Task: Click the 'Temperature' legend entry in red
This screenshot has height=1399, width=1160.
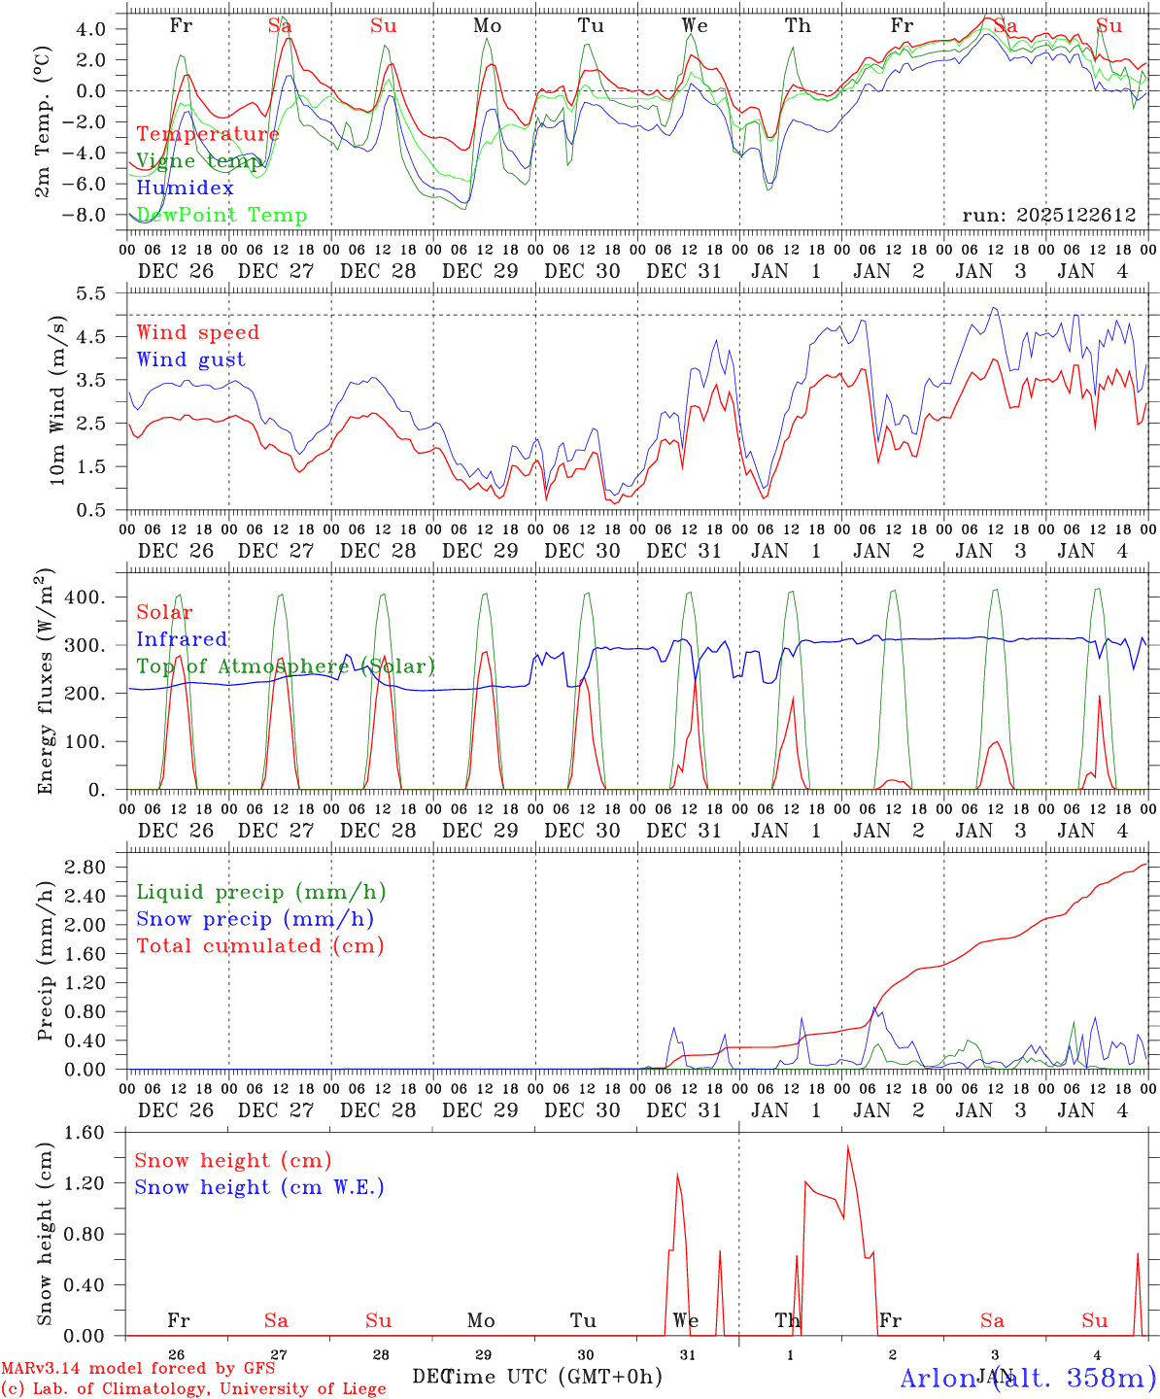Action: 208,134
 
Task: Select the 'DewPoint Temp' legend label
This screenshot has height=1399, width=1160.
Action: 222,216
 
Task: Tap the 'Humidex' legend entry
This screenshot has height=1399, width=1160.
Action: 186,188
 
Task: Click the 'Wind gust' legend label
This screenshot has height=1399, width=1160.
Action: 190,359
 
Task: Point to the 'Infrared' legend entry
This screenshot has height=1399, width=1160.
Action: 182,639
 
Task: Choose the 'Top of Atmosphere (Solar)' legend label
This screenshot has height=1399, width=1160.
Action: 286,666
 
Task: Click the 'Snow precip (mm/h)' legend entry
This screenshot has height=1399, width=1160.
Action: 255,919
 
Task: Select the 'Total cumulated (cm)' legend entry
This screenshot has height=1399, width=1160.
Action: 259,945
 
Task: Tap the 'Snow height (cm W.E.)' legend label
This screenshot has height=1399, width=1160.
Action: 259,1187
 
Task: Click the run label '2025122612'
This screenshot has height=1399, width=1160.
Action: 1048,216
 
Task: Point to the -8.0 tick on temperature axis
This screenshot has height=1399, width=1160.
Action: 96,215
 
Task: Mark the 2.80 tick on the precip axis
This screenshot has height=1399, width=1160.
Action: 96,867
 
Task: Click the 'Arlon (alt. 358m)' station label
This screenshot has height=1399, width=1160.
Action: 1028,1378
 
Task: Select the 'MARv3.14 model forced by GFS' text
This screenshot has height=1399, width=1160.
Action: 138,1369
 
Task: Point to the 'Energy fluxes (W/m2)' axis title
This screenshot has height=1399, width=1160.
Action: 45,680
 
